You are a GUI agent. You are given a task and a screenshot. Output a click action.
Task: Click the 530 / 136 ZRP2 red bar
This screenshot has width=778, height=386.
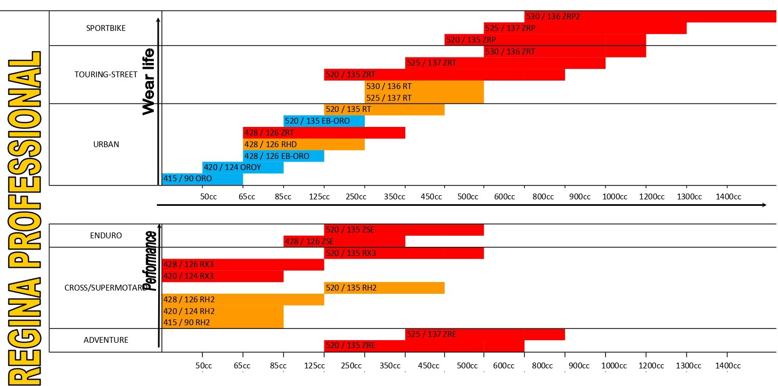(x=650, y=17)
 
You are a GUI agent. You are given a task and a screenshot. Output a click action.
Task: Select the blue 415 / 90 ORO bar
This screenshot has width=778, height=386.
(x=202, y=179)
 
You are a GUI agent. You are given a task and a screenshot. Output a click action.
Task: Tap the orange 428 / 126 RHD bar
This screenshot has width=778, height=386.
(x=304, y=144)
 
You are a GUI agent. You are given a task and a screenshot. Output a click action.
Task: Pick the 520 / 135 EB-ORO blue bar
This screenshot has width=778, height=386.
(x=324, y=121)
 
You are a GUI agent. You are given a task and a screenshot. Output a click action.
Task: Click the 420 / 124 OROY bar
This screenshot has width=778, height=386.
(x=243, y=167)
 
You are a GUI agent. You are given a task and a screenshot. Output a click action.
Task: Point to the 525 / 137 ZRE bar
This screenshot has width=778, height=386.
(x=485, y=334)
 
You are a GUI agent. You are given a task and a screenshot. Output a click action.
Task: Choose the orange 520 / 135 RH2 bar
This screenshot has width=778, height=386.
(x=384, y=288)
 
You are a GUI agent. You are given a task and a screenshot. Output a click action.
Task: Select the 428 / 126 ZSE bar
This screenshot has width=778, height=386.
(x=344, y=241)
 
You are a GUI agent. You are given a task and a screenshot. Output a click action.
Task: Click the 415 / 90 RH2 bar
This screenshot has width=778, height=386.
(x=223, y=323)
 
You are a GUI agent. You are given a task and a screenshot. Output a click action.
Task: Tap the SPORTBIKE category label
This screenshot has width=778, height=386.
(x=105, y=28)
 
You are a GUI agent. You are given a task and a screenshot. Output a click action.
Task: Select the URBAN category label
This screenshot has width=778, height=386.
(x=105, y=144)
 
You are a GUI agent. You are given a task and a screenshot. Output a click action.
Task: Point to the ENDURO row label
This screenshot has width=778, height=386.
(x=106, y=235)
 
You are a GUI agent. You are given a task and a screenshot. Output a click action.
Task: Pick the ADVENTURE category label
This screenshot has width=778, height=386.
(x=106, y=340)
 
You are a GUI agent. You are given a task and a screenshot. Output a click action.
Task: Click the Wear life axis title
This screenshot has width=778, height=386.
(x=149, y=81)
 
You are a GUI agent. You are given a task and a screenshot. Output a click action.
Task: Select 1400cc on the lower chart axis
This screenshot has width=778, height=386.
(x=728, y=366)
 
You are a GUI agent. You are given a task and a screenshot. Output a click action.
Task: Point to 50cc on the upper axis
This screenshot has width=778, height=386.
(x=208, y=196)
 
